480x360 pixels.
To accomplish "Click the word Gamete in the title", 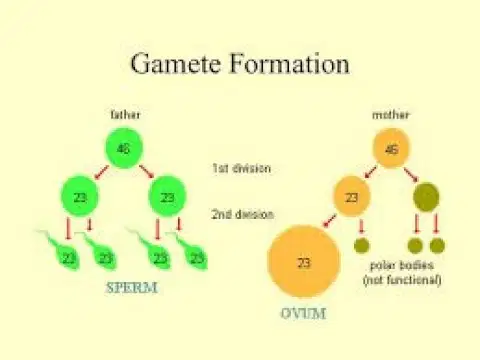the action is point(175,63).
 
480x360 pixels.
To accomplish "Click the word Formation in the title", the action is point(289,63).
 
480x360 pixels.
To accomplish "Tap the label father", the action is point(125,115).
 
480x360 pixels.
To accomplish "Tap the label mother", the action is point(391,115).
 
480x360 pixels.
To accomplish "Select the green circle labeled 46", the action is point(124,148).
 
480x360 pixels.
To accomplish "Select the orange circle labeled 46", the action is point(391,148).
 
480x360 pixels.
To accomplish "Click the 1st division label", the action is point(241,168).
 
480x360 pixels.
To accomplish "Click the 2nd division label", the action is point(243,214).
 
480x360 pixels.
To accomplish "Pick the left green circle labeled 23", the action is point(80,196).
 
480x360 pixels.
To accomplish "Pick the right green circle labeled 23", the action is point(167,196).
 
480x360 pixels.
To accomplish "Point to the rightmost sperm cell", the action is point(192,253).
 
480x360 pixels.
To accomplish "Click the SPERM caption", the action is point(131,288).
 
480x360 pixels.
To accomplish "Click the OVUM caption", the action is point(303,313).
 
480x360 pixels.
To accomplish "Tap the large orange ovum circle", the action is point(304,262).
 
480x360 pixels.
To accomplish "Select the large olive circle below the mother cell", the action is point(426,197).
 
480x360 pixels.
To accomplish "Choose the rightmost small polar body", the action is point(437,246).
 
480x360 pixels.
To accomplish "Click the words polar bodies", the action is point(402,265).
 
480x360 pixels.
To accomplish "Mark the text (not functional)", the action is point(402,280).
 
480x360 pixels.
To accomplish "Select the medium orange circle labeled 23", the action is point(352,197).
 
